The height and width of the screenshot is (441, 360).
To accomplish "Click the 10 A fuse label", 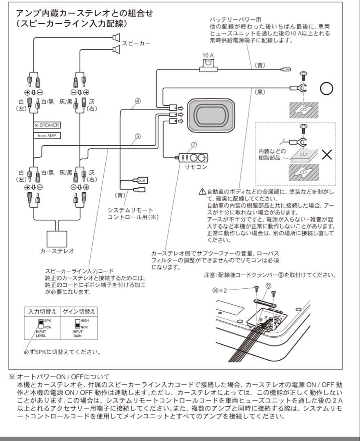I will point(208,55).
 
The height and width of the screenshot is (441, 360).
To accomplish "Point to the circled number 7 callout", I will point(194,145).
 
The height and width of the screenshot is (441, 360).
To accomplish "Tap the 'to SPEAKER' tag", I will point(47,125).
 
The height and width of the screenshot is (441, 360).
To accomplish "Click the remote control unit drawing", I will point(193,157).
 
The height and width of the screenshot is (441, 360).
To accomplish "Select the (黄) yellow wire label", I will point(260,65).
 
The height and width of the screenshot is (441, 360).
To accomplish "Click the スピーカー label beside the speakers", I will point(136,43).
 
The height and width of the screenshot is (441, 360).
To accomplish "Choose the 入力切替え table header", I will point(42,311).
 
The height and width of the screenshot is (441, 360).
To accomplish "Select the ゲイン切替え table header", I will point(79,311).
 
